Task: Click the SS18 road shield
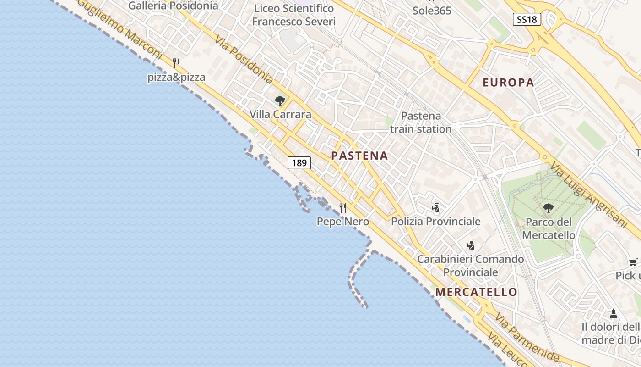coord(527,19)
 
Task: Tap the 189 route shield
coord(299,163)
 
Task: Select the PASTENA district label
coord(359,156)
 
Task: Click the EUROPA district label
coord(508,83)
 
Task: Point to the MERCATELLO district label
coord(476,292)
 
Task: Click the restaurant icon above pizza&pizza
coord(176,63)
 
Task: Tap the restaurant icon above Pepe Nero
coord(343,208)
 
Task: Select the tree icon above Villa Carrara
coord(280,100)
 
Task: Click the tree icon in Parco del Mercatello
coord(548,209)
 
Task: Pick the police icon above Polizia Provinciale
coord(435,208)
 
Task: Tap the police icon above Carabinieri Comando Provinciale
coord(470,245)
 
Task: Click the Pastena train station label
coord(421,122)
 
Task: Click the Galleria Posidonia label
coord(173,6)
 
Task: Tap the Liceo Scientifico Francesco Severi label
coord(293,15)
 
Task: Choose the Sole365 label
coord(432,10)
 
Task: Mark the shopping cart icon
coord(633,262)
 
